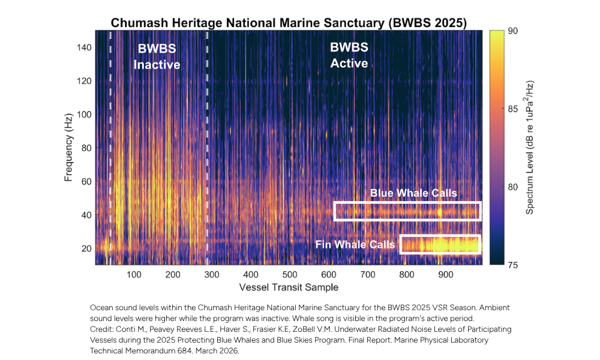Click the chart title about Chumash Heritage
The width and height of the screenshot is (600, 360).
click(x=288, y=22)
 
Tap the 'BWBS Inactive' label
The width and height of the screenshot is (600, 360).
click(x=157, y=56)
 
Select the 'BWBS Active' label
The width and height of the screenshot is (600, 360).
click(x=349, y=55)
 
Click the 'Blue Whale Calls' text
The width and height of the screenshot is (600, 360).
click(x=413, y=193)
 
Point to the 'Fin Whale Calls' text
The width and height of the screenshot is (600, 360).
click(x=355, y=245)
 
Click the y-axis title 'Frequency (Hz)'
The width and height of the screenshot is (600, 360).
click(x=69, y=146)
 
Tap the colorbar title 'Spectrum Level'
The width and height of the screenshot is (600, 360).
click(x=530, y=146)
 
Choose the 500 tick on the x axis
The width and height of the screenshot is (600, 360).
click(x=290, y=274)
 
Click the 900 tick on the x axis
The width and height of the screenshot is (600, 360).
click(x=446, y=274)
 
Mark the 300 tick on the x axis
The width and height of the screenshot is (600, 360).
click(x=212, y=274)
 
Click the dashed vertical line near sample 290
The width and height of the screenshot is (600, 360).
click(x=207, y=150)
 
